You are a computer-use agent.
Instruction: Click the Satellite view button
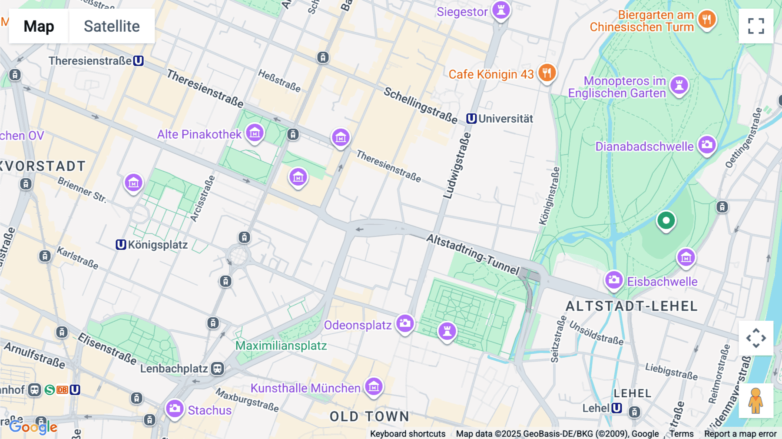pos(112,26)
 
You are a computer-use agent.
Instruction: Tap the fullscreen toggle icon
pos(756,26)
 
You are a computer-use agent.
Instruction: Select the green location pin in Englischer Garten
pos(666,220)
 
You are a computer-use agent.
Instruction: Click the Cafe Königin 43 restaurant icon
pos(547,73)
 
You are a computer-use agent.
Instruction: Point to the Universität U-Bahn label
pos(500,119)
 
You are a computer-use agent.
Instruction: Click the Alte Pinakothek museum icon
pos(255,133)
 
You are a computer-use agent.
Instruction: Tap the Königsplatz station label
pos(152,245)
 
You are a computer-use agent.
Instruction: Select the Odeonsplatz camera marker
pos(405,323)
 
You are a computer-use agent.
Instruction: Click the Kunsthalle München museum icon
pos(374,386)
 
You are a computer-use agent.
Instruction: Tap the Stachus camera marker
pos(175,409)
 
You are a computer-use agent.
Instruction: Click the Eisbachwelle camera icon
pos(614,280)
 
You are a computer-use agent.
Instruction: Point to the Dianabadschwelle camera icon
pos(707,145)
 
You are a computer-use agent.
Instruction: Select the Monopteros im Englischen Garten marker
pos(679,85)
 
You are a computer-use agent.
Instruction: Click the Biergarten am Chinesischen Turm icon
pos(707,20)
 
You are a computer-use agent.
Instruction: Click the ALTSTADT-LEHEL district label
pos(631,306)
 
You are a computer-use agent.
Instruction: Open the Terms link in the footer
pos(681,434)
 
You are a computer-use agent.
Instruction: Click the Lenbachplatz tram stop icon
pos(217,369)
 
